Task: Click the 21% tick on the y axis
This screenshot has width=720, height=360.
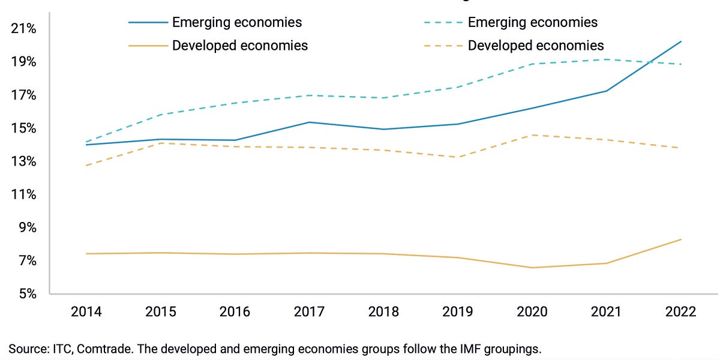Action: (24, 29)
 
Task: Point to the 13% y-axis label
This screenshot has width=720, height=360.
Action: (24, 162)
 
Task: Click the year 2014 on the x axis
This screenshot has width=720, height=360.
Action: (86, 312)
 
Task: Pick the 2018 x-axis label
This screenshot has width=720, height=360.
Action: (383, 312)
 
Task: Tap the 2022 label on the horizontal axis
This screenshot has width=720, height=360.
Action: (680, 312)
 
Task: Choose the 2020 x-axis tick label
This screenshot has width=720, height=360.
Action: (532, 312)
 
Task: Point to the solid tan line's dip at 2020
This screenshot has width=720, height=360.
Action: (532, 268)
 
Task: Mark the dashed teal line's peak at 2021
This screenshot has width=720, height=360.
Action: (607, 59)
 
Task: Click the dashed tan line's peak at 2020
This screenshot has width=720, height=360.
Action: (532, 135)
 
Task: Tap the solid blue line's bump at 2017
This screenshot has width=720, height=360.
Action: (309, 122)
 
